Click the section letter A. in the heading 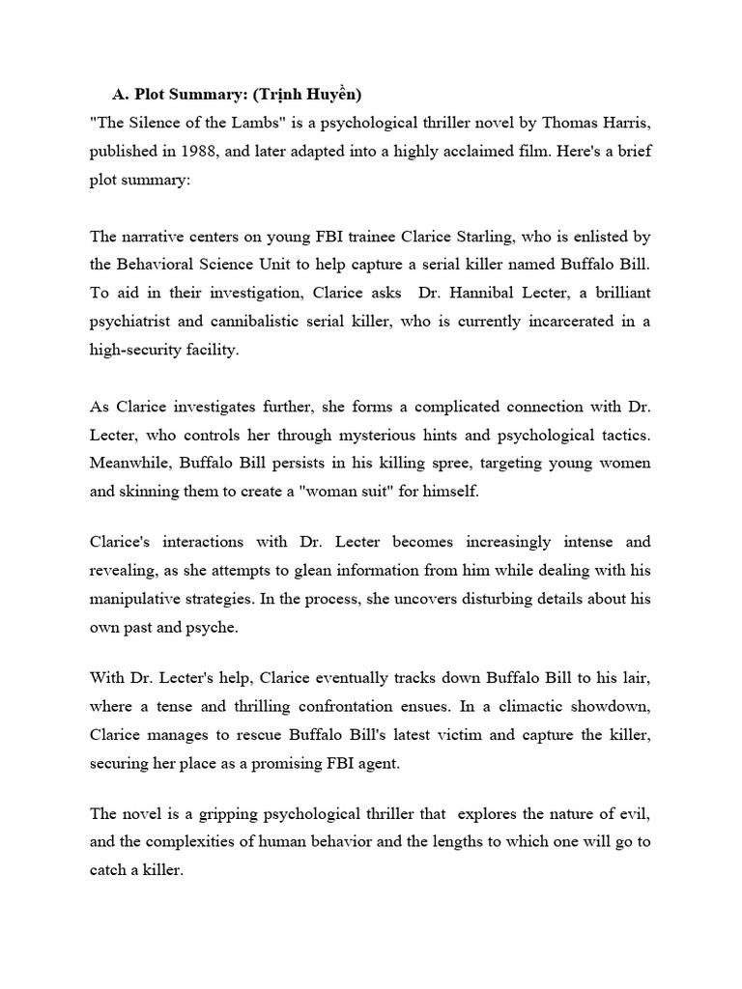pyautogui.click(x=121, y=94)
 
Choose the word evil pyautogui.click(x=632, y=813)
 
